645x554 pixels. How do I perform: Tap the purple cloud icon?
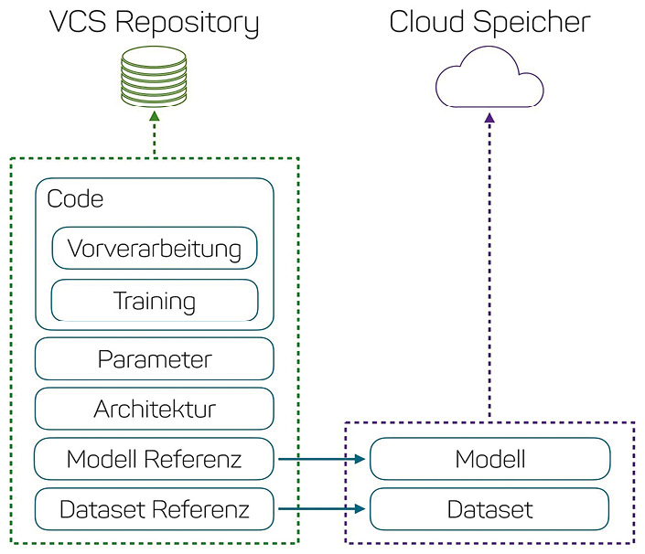point(489,81)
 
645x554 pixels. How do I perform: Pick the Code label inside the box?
point(75,198)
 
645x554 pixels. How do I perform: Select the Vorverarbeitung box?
point(154,248)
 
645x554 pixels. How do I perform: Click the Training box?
point(154,300)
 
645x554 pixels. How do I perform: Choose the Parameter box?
point(154,359)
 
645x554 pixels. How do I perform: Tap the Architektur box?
point(154,409)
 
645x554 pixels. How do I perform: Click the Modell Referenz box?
point(154,459)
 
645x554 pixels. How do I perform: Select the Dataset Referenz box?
point(154,509)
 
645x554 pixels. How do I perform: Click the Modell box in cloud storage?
point(489,459)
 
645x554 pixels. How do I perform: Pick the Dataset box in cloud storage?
point(489,509)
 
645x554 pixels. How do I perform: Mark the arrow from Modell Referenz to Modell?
point(321,459)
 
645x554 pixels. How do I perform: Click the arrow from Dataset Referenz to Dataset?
point(321,509)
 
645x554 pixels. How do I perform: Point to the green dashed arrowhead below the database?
point(154,117)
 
